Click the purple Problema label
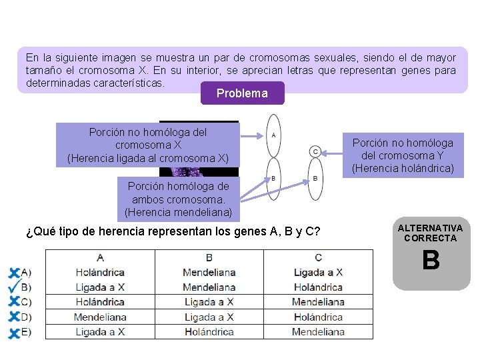coord(242,93)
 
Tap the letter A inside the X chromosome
coord(273,134)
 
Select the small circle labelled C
coord(315,151)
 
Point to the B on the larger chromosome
coord(273,178)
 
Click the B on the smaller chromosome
coord(315,178)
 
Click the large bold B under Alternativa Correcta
coord(431,261)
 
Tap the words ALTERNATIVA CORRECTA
coord(431,233)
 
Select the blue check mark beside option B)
coord(13,287)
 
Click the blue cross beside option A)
coord(13,272)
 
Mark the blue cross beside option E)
coord(13,332)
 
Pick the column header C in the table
coord(318,257)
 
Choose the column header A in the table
coord(100,257)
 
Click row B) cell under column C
coord(318,287)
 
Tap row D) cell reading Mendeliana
coord(100,317)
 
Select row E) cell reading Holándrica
coord(209,331)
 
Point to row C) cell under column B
coord(209,302)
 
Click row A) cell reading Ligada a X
coord(318,272)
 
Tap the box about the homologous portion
coord(177,199)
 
